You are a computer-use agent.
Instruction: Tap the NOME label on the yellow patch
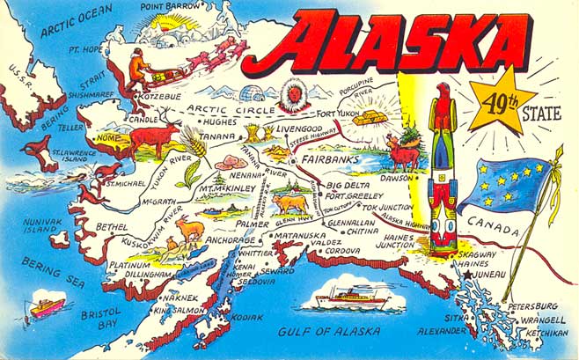coord(106,138)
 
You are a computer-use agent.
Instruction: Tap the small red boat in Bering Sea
coord(47,307)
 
